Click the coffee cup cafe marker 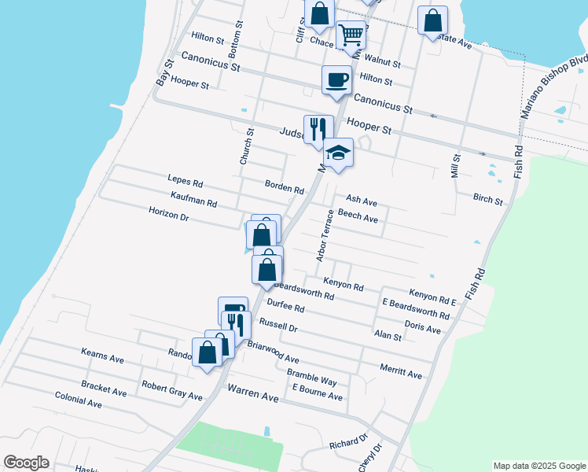(x=336, y=80)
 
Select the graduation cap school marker (x=339, y=153)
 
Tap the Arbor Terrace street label (x=325, y=235)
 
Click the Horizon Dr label (x=169, y=214)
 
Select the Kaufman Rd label (x=193, y=198)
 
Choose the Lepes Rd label (x=185, y=183)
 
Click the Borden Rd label (x=283, y=189)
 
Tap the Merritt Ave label (x=401, y=371)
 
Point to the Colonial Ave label (x=79, y=401)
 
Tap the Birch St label (x=488, y=199)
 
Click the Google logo (x=26, y=463)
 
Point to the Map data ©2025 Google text (x=538, y=466)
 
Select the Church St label (x=247, y=147)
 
